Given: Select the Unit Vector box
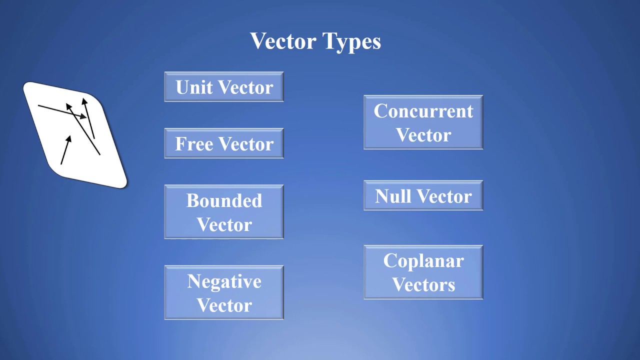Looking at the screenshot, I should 224,87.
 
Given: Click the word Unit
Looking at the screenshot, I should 194,87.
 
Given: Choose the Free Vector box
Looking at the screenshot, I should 224,143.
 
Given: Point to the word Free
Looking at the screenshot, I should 194,144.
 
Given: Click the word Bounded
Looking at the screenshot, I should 224,200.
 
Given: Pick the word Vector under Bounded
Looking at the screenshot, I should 224,224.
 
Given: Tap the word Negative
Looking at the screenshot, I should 224,281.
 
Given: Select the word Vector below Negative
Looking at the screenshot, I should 224,305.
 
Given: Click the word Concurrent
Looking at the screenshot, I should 423,111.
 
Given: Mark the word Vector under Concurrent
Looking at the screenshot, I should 423,135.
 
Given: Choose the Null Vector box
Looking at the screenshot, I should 423,195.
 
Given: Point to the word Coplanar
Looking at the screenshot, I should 423,261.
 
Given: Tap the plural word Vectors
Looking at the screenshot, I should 423,285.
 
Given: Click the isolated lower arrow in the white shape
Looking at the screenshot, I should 66,149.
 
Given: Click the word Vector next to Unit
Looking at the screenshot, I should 245,87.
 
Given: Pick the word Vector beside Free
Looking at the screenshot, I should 245,144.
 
